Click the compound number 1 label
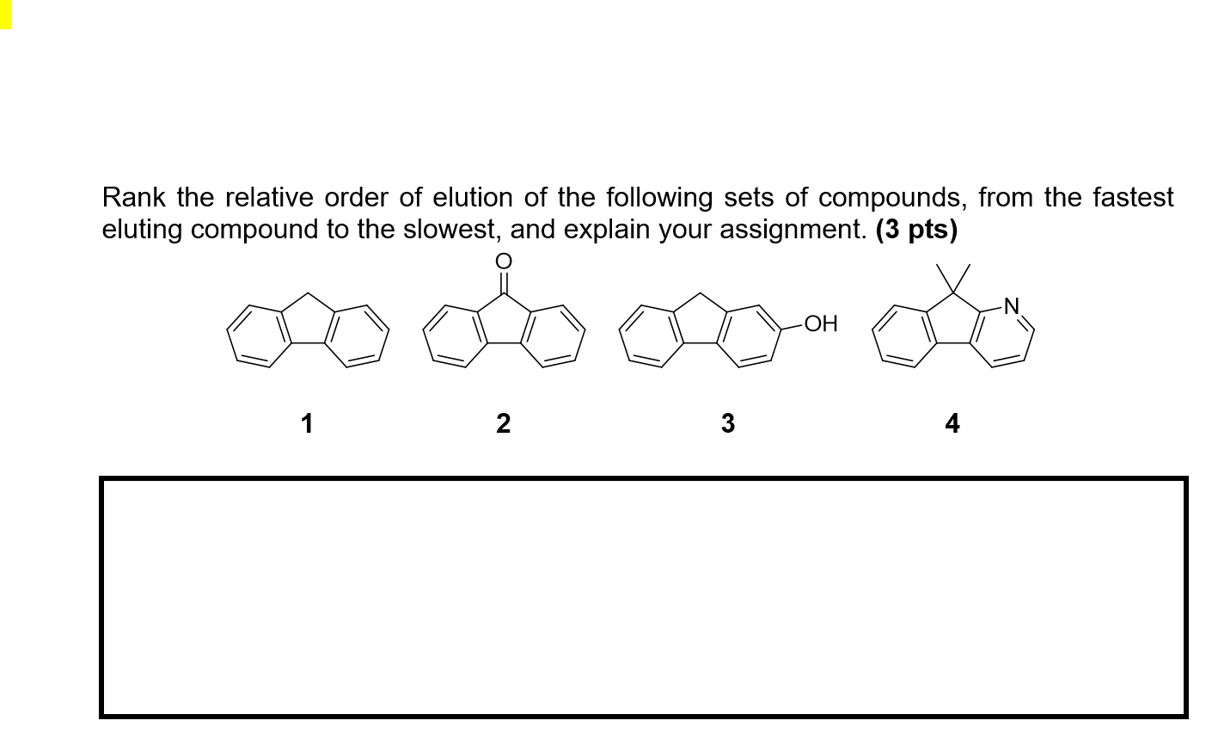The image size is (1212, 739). click(x=306, y=423)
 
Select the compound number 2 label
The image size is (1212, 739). click(x=503, y=423)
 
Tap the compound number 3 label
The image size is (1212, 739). click(x=728, y=423)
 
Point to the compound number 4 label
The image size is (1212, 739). click(x=952, y=423)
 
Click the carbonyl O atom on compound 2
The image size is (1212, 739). click(x=503, y=261)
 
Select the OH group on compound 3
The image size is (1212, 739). click(x=820, y=324)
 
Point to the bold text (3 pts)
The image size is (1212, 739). click(x=916, y=231)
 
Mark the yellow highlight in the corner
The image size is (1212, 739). click(x=5, y=14)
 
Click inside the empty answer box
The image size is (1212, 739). click(x=643, y=597)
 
